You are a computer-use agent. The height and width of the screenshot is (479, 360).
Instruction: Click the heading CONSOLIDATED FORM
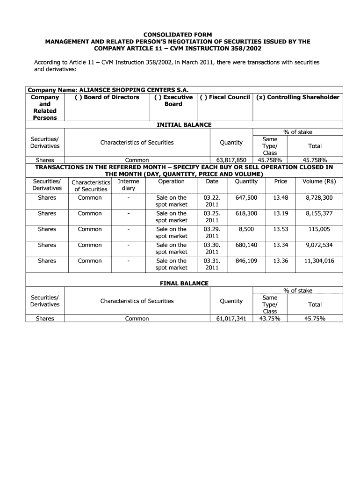click(x=177, y=35)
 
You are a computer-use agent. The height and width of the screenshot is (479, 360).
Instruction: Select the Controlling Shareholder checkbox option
click(x=297, y=97)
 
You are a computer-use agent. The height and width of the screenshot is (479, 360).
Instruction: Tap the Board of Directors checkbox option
click(x=107, y=97)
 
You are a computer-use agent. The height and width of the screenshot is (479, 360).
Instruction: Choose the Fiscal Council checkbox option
click(x=224, y=97)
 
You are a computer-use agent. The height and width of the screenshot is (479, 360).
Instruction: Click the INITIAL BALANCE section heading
click(x=184, y=124)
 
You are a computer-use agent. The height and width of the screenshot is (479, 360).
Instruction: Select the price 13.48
click(x=281, y=198)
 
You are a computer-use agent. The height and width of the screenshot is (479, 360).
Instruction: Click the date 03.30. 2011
click(x=212, y=248)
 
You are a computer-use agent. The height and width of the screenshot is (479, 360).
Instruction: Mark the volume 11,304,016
click(x=319, y=261)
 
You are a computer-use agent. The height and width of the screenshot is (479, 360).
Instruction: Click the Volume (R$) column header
click(x=319, y=181)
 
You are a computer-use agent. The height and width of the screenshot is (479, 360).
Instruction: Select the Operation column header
click(x=171, y=181)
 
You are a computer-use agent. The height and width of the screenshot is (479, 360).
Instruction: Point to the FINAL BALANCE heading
click(x=184, y=283)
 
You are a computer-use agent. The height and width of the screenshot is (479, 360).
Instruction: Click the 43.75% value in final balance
click(x=269, y=319)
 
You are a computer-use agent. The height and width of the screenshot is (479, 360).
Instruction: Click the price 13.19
click(x=281, y=213)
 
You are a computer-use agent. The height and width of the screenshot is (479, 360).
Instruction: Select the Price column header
click(x=281, y=181)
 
